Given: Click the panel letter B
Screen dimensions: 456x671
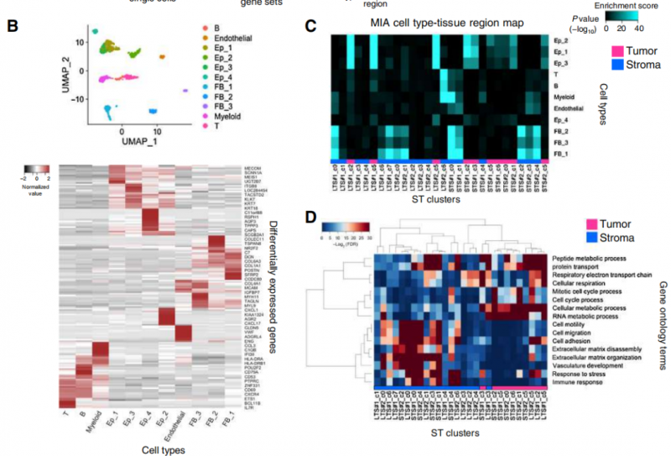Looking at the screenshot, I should point(13,26).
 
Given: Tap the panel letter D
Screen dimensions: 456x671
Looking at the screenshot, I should point(311,220).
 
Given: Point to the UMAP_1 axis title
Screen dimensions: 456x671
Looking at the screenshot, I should point(120,144).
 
